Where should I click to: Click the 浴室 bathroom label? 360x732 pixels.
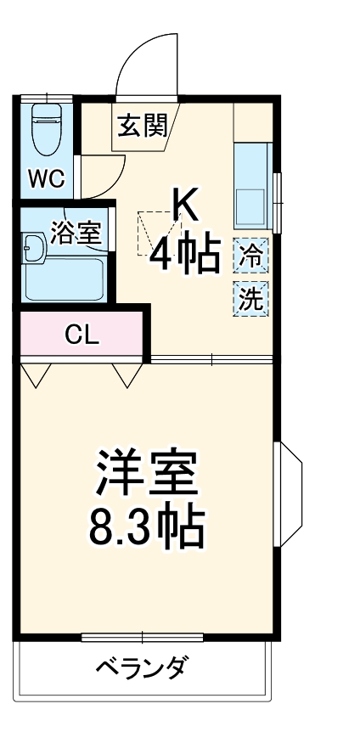point(76,233)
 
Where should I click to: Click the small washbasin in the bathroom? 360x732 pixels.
point(33,247)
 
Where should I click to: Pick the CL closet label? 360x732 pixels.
point(83,334)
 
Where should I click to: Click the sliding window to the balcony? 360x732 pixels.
point(143,637)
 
